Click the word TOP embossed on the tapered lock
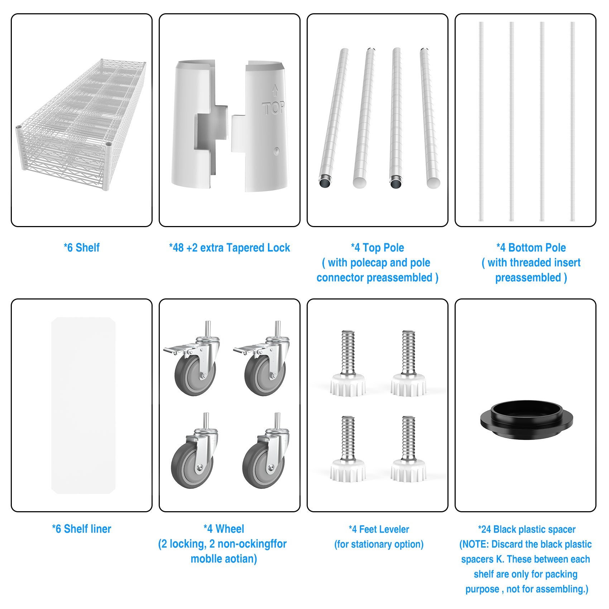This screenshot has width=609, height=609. tap(273, 107)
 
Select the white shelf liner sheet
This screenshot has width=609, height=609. tap(83, 405)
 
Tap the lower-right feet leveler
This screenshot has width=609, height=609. tap(408, 449)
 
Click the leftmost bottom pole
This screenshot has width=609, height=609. tap(481, 121)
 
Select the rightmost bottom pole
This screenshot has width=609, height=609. tap(572, 121)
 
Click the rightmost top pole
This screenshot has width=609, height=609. tap(430, 118)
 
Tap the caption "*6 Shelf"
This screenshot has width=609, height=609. tap(82, 248)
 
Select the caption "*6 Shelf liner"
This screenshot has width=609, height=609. tap(82, 529)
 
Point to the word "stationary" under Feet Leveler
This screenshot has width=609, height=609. tap(374, 544)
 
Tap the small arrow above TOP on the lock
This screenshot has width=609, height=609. tap(275, 90)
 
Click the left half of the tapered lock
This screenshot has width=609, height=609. tap(199, 124)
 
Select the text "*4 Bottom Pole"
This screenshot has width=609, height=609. tap(531, 248)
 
